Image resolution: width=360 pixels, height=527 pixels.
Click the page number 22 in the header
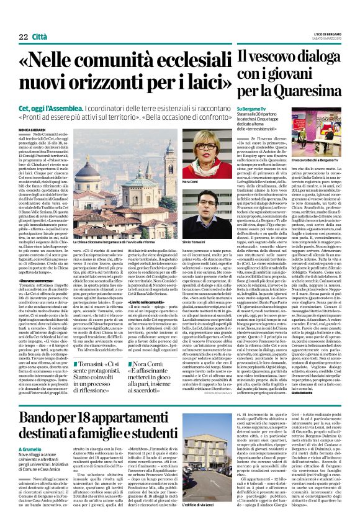click(x=22, y=20)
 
